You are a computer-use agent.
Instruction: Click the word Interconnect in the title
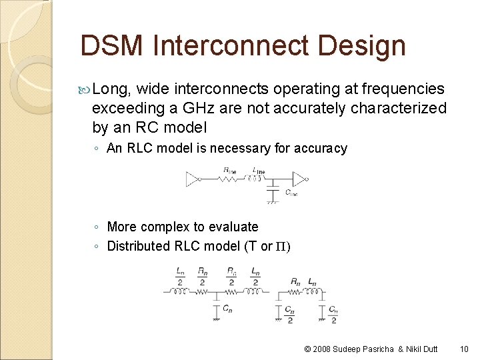(229, 46)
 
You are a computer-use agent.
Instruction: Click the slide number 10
(464, 349)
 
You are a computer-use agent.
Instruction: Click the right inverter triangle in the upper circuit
(299, 179)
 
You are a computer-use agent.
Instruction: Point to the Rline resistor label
(229, 171)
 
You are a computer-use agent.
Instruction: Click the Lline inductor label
(259, 171)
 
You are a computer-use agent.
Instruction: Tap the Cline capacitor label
(291, 193)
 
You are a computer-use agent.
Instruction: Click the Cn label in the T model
(227, 309)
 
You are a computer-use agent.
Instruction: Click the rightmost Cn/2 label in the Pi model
(333, 314)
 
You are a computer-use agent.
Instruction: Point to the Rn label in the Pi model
(295, 283)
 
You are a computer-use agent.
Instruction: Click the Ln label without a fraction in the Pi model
(312, 283)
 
